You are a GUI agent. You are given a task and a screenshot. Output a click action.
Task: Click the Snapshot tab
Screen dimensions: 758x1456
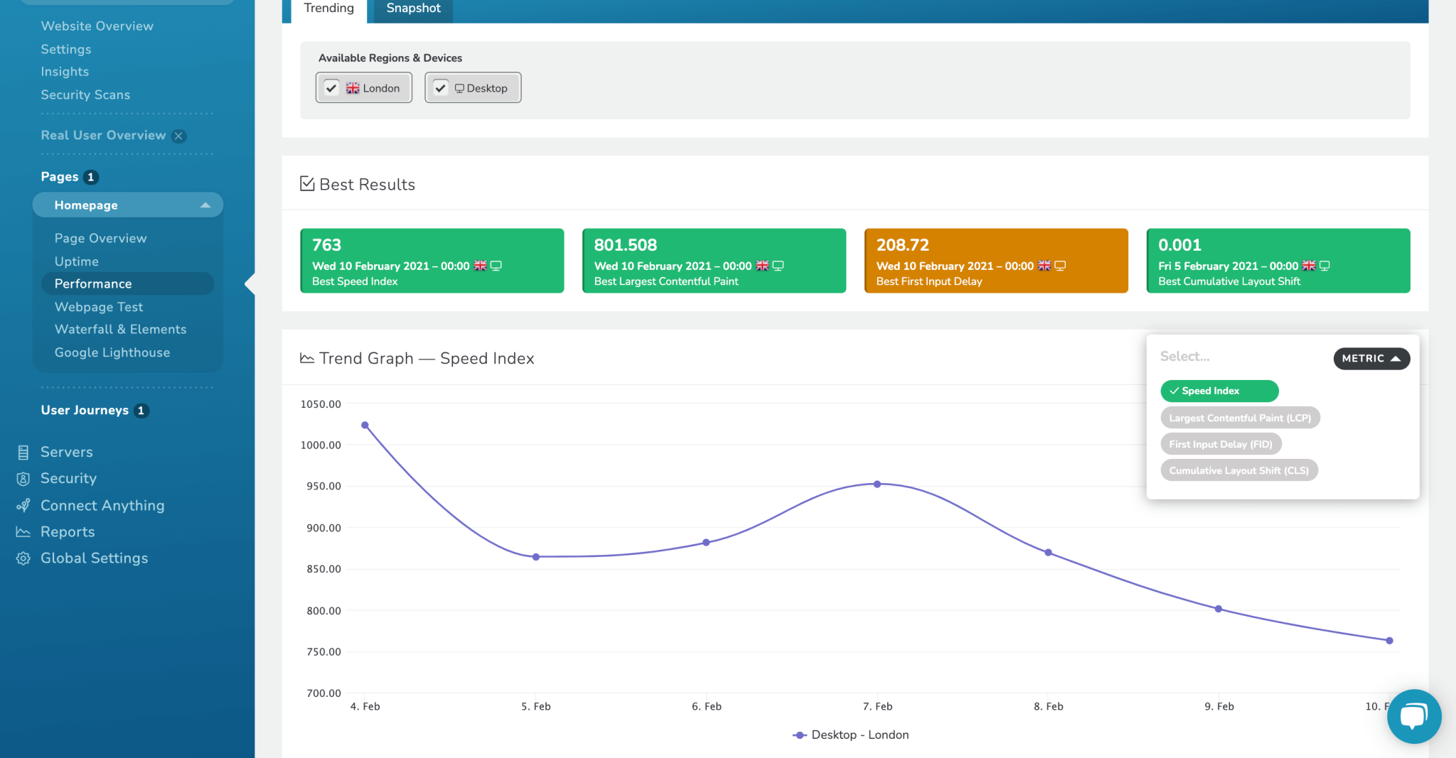click(413, 9)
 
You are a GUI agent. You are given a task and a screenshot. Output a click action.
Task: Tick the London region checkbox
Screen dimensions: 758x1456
click(331, 88)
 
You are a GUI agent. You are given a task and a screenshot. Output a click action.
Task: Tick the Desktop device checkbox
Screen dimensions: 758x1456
click(441, 88)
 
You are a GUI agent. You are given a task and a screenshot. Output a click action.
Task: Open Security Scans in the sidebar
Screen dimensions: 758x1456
click(85, 94)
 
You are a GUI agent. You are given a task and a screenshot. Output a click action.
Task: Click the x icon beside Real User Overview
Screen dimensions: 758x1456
click(179, 136)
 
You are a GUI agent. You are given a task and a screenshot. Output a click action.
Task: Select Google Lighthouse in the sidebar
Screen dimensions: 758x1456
click(112, 352)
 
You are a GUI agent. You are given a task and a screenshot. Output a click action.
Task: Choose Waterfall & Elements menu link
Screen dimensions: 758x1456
click(120, 329)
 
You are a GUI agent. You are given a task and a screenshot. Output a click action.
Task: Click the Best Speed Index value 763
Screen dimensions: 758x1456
click(326, 245)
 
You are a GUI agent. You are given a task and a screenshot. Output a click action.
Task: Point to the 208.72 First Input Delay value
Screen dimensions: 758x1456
click(902, 245)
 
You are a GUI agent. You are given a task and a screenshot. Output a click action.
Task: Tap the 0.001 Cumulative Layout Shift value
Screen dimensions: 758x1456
click(1179, 245)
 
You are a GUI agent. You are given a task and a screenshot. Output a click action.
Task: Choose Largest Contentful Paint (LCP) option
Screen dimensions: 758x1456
click(1240, 418)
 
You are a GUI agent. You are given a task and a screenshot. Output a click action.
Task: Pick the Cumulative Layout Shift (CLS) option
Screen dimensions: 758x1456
click(1238, 470)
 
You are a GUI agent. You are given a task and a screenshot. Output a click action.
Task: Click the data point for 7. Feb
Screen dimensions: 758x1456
click(877, 484)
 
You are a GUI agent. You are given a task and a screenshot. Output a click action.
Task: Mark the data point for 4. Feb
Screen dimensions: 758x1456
click(365, 426)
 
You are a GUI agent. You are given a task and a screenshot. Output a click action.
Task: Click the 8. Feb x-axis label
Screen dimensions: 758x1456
click(1048, 706)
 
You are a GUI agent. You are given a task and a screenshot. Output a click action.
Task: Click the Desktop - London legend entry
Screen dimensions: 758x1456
click(852, 735)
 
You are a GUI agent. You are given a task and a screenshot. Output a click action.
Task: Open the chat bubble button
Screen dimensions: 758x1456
click(1413, 716)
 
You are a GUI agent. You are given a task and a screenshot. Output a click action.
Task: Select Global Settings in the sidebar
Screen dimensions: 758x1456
click(94, 558)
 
